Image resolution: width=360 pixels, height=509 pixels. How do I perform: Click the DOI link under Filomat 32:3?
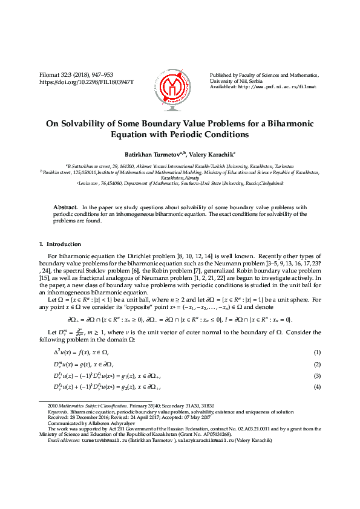tap(86, 81)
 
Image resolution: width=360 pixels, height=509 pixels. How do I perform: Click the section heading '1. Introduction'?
tap(59, 244)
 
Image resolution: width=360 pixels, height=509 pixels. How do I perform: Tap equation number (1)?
tap(317, 352)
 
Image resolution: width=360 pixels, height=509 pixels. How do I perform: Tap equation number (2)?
tap(317, 365)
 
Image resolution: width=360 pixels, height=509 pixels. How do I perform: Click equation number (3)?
tap(317, 376)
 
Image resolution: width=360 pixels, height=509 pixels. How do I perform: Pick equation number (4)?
tap(317, 387)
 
